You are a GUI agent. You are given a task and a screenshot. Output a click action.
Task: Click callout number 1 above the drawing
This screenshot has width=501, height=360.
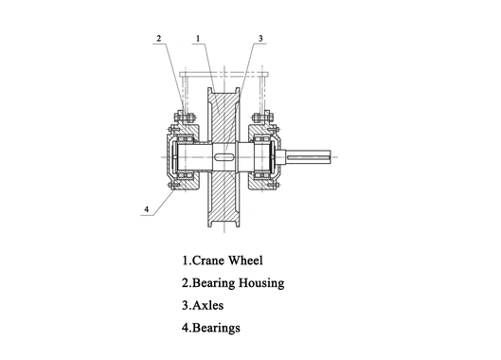tap(197, 39)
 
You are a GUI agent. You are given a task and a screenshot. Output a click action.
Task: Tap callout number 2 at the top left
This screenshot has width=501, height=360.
tap(159, 39)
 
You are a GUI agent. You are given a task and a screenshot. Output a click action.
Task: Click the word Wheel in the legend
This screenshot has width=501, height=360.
tap(245, 260)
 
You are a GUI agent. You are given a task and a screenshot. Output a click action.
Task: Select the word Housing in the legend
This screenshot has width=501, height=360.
tap(258, 282)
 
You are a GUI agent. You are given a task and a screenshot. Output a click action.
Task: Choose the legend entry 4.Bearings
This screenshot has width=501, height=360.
tap(211, 328)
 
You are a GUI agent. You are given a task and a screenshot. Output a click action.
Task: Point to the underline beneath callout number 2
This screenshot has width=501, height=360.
tap(159, 45)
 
